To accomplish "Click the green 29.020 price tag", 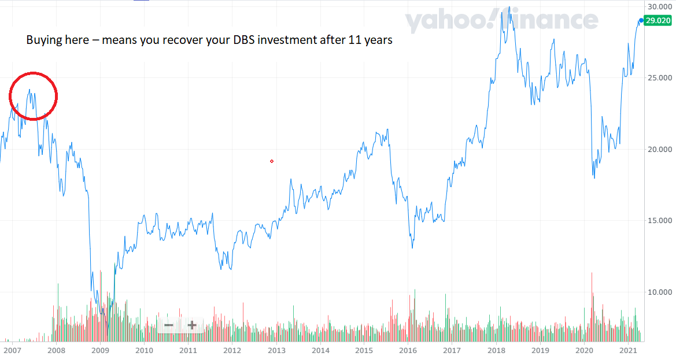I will tap(658, 20).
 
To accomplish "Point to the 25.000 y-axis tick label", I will tap(659, 77).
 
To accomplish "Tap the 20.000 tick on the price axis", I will tap(659, 149).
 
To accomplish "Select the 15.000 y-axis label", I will tap(659, 220).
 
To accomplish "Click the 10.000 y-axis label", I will tap(659, 292).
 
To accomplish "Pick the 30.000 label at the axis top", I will tap(659, 6).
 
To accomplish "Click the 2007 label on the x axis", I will tap(12, 350).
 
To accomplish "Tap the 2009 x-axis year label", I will tap(100, 350).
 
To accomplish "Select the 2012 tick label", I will tap(232, 350).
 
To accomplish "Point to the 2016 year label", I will tap(408, 350).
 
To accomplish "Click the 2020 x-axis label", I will tap(584, 350).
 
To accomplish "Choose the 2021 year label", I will tap(628, 350).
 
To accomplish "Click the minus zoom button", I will tap(169, 325).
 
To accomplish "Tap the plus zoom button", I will tap(192, 325).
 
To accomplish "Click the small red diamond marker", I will tap(272, 161).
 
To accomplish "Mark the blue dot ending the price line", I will tap(641, 20).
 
